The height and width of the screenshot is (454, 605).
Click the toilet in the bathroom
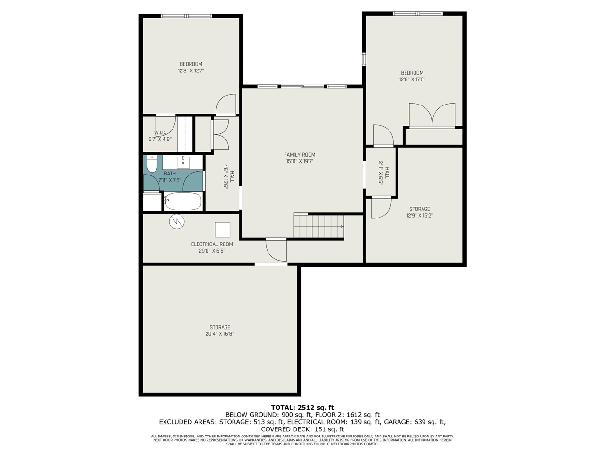pos(152,165)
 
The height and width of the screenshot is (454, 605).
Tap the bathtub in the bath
pos(183,201)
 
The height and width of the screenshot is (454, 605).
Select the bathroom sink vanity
pos(183,162)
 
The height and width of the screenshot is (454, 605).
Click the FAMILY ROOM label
pos(299,155)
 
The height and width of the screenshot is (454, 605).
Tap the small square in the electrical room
pos(223,229)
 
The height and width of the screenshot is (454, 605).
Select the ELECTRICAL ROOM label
pos(212,244)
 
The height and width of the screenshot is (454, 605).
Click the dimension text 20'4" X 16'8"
pos(220,334)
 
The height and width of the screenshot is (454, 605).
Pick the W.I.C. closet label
pos(160,132)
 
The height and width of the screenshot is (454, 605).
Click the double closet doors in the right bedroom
pos(432,116)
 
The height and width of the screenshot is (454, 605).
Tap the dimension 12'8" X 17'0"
pos(412,79)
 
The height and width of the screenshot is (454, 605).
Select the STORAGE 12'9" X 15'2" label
pos(419,212)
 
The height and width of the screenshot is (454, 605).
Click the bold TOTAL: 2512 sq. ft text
pos(302,407)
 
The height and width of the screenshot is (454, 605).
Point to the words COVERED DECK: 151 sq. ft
pos(302,429)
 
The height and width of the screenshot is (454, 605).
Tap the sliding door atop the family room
pos(302,87)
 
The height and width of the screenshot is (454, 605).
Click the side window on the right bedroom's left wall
pos(364,59)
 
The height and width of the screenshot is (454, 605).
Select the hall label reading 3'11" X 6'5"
pos(384,172)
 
